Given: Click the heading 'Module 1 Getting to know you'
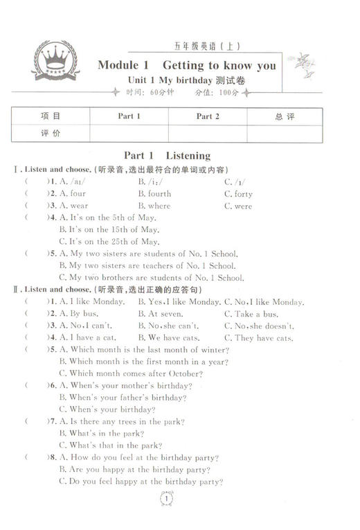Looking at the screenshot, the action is tap(187, 66).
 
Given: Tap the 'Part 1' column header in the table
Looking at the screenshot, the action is tap(129, 116).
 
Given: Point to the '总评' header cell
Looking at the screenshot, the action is tap(285, 116).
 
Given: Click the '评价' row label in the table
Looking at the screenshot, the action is tap(51, 133).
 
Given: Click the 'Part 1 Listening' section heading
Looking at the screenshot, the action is tap(167, 156).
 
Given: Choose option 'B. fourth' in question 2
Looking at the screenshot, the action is tap(154, 194).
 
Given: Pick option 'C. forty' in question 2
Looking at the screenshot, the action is tap(238, 194).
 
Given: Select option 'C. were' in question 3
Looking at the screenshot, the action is tap(238, 206).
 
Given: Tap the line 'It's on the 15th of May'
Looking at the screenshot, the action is tap(109, 229).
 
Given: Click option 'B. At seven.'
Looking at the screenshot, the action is tap(161, 314).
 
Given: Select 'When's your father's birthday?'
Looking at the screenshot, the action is tap(123, 398).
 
